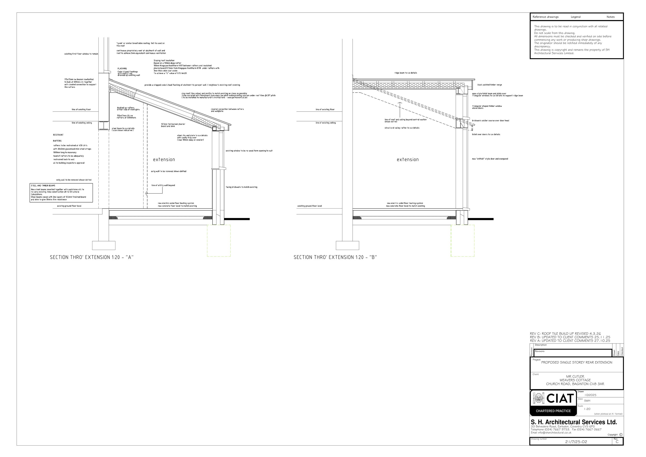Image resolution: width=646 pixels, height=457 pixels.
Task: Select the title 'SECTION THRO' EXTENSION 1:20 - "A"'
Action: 92,257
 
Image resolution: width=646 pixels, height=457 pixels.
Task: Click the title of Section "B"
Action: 335,257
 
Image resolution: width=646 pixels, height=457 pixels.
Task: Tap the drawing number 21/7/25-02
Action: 576,442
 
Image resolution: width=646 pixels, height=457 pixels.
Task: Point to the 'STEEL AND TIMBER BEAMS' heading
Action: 43,186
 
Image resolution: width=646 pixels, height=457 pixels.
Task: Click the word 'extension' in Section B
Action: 408,159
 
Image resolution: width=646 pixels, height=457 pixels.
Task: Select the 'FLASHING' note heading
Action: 122,68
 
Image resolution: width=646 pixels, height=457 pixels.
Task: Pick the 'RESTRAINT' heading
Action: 58,135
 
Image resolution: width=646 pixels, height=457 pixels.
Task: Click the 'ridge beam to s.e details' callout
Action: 405,73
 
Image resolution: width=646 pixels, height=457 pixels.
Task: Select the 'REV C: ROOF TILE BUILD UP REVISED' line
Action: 565,334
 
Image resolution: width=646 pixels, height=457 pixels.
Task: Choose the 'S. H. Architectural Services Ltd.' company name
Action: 574,422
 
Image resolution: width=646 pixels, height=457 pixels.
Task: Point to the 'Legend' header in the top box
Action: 575,17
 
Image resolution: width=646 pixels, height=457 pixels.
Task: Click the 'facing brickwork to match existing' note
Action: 241,187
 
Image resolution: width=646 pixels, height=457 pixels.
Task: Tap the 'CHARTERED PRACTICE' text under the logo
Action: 553,411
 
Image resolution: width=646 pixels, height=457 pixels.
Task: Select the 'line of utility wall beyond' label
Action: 163,185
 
